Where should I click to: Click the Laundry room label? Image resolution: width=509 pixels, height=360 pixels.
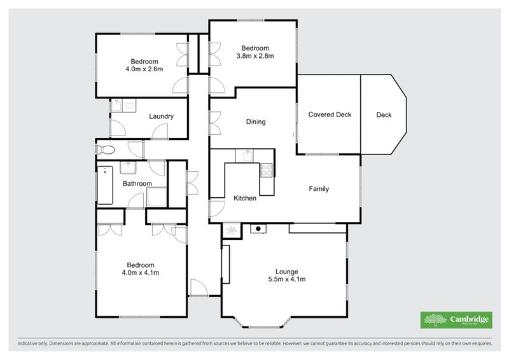coord(162,116)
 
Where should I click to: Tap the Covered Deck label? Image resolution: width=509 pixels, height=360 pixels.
coord(330,115)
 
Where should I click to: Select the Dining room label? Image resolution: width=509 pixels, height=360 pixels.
coord(255,122)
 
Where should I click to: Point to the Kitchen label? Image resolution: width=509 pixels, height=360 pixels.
coord(245,198)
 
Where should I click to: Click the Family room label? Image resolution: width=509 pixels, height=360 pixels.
coord(319,189)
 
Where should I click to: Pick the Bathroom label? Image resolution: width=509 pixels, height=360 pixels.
coord(137,184)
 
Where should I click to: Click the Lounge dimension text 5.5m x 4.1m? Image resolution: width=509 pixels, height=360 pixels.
coord(286,279)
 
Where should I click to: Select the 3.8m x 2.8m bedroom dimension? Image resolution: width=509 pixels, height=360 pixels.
coord(255,56)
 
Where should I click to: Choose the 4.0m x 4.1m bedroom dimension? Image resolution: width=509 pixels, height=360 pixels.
coord(140,273)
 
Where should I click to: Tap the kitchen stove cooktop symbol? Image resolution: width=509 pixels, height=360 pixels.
coord(266,170)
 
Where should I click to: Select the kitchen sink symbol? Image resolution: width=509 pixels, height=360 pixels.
coord(245,155)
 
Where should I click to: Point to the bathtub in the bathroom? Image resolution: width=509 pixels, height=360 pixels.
coord(105,185)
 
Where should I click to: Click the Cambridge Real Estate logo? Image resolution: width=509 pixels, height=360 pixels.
coord(456,320)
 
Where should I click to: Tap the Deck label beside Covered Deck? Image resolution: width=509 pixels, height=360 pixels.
coord(384,115)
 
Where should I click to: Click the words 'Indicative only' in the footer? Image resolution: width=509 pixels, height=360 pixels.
coord(32,343)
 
